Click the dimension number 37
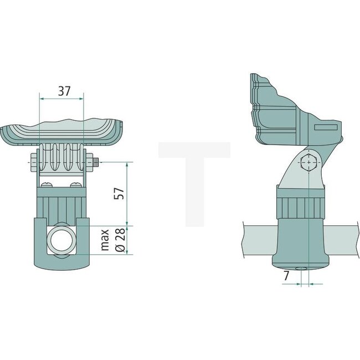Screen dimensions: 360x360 [65, 91]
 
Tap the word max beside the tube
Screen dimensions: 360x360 [106, 242]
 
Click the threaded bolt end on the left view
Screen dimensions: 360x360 [96, 162]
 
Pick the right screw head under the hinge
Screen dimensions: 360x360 [76, 185]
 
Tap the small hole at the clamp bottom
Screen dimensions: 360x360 [301, 269]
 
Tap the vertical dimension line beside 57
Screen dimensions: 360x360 [127, 194]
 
